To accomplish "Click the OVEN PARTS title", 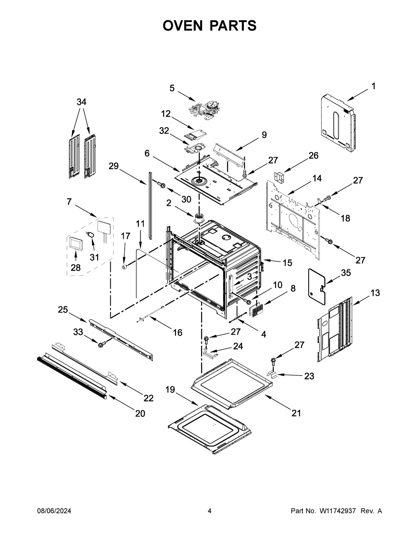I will (x=209, y=26).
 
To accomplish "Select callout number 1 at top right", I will (x=373, y=86).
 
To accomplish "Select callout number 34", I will (x=81, y=102).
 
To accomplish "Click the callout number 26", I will (x=313, y=156).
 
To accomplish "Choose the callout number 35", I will (x=346, y=273).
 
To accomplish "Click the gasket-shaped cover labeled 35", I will (x=316, y=284).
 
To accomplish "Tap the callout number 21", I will (x=296, y=413).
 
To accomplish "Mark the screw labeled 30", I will (x=161, y=184).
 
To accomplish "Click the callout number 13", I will (x=375, y=293).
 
